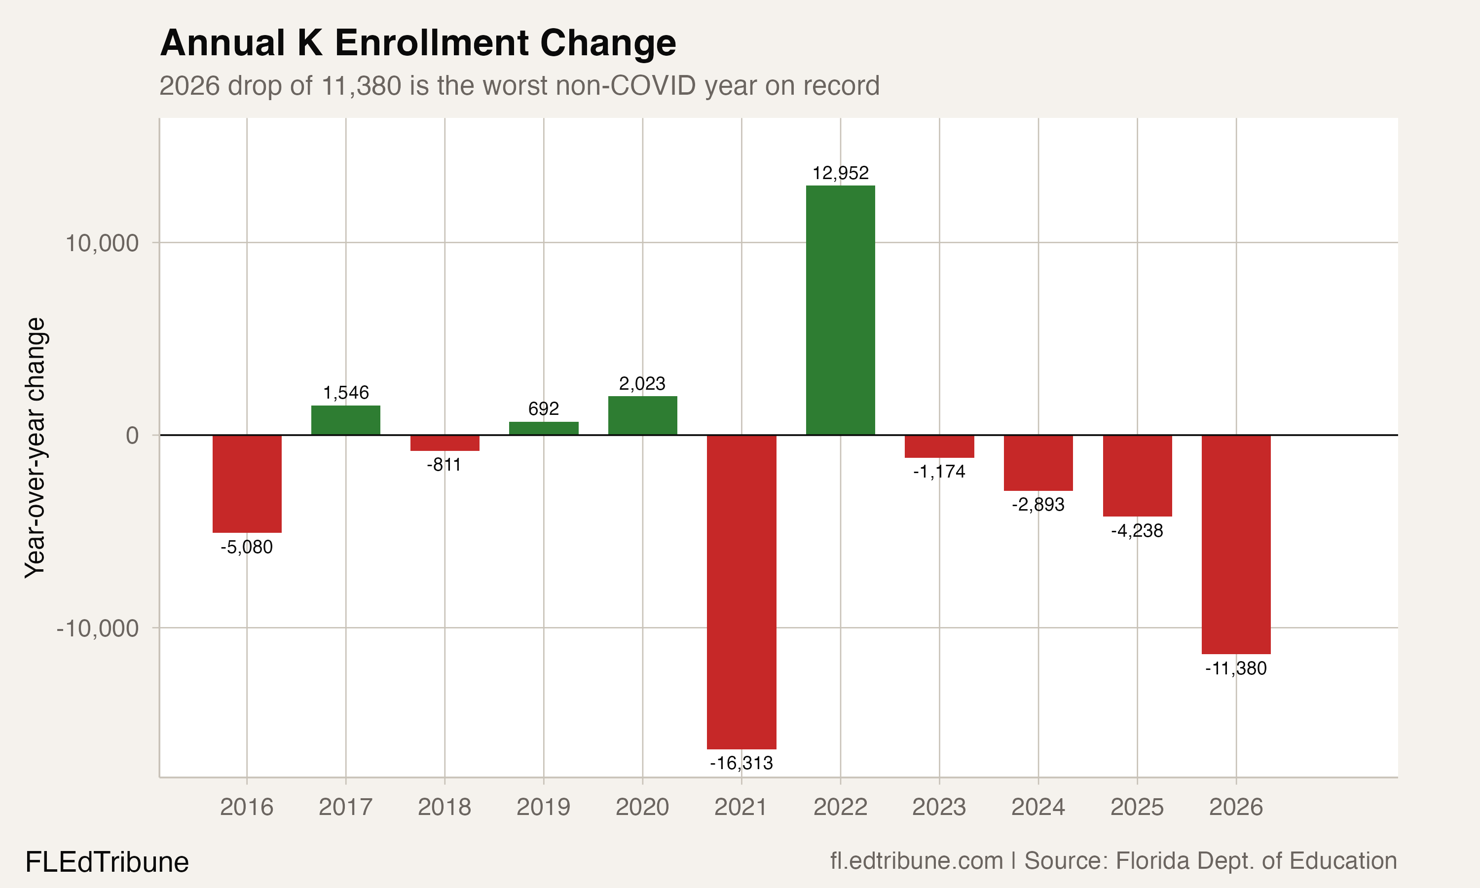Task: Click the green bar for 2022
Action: pos(840,310)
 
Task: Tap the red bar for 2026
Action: pos(1236,544)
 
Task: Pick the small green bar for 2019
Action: pos(543,428)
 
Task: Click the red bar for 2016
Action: pos(247,483)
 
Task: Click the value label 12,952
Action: pos(840,173)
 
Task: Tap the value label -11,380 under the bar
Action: pos(1236,668)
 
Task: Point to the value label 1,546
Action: pos(346,393)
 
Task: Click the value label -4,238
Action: pos(1137,531)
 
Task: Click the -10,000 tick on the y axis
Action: pos(98,629)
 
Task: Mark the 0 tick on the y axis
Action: pos(132,436)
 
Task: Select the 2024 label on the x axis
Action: pos(1038,807)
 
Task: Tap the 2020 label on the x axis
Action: pos(642,807)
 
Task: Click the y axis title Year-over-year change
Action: pos(35,447)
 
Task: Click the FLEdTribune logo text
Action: pos(107,862)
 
